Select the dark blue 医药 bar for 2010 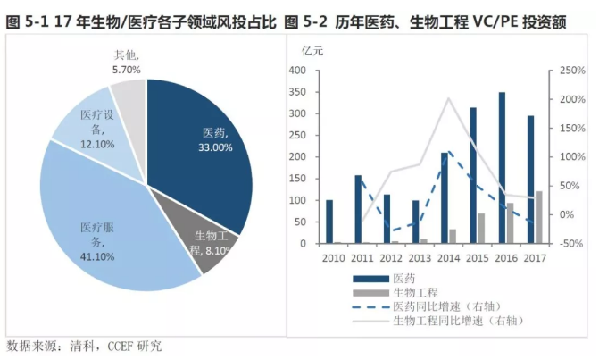tap(329, 222)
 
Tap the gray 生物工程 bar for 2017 tap(538, 217)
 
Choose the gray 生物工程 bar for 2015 tap(481, 229)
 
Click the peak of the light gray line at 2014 tap(448, 98)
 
